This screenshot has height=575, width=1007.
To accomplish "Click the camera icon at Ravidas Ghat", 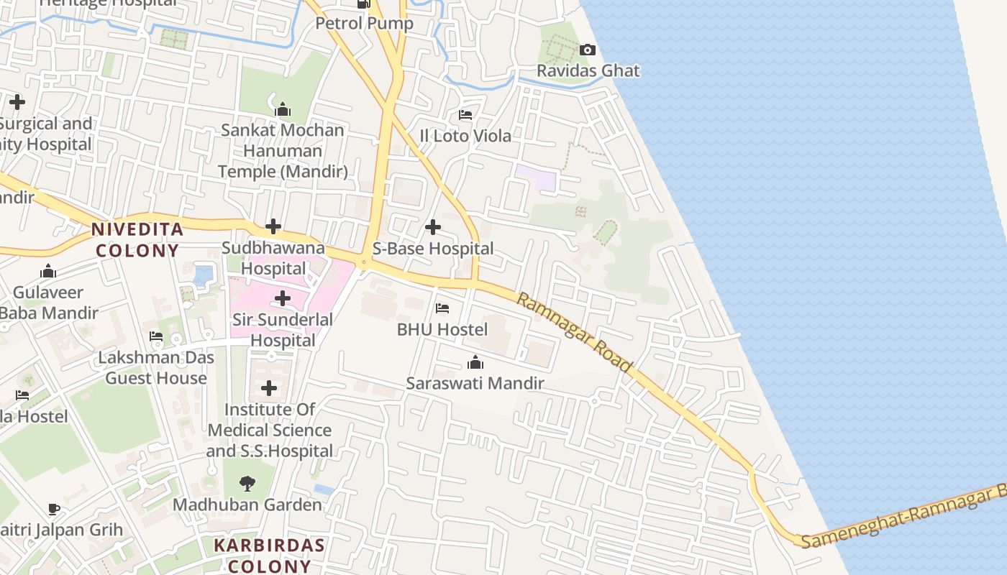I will pyautogui.click(x=588, y=50).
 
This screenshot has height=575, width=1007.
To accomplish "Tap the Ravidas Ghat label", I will pyautogui.click(x=588, y=71).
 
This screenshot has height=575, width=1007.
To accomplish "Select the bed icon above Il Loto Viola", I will pyautogui.click(x=465, y=115).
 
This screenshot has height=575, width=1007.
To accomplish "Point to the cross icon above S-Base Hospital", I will pyautogui.click(x=433, y=228).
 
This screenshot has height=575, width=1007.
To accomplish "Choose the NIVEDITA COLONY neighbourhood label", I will pyautogui.click(x=137, y=240).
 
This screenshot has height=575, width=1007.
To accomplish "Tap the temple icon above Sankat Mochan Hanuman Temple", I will pyautogui.click(x=283, y=110).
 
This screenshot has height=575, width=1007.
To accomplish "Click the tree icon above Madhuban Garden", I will pyautogui.click(x=247, y=483).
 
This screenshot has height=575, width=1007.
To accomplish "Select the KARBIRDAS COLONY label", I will pyautogui.click(x=269, y=555).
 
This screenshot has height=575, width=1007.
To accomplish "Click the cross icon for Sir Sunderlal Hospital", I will pyautogui.click(x=283, y=298).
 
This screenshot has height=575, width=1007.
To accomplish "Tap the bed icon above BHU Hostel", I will pyautogui.click(x=442, y=309).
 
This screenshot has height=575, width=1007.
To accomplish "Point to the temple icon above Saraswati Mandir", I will pyautogui.click(x=475, y=362).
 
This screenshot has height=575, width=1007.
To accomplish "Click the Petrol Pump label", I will pyautogui.click(x=365, y=24).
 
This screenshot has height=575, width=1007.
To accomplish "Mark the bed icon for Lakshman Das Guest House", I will pyautogui.click(x=156, y=336).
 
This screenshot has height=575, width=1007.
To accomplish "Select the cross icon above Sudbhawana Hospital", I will pyautogui.click(x=273, y=227).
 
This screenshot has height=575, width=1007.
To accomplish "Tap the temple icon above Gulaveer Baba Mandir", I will pyautogui.click(x=48, y=272).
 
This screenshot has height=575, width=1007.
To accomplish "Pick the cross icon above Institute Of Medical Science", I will pyautogui.click(x=269, y=389).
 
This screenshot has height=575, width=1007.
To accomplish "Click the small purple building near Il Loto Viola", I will pyautogui.click(x=536, y=178).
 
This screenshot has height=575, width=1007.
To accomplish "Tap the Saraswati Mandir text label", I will pyautogui.click(x=475, y=383).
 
